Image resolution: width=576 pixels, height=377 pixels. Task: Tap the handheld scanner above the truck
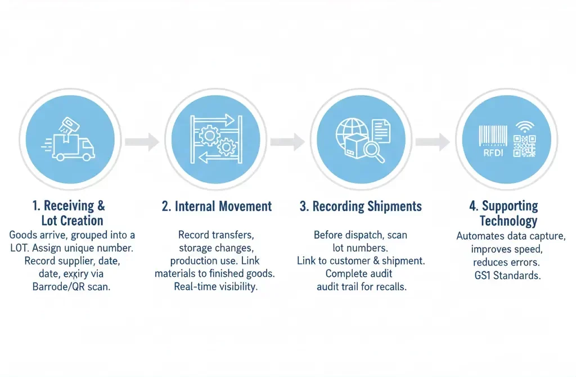(x=69, y=127)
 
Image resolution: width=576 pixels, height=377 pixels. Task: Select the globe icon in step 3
(x=350, y=133)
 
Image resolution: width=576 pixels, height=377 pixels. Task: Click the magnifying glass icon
(x=374, y=152)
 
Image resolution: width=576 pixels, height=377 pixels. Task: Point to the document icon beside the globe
(x=381, y=131)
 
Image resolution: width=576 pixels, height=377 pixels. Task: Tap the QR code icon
(x=524, y=146)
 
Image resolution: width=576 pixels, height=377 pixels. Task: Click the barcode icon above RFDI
(x=493, y=136)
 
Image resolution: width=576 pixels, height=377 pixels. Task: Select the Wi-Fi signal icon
(x=525, y=127)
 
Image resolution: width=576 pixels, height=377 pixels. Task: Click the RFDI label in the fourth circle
(x=493, y=153)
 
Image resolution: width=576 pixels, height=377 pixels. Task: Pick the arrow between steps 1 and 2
(x=142, y=141)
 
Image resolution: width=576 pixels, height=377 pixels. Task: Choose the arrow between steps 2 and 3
(x=287, y=141)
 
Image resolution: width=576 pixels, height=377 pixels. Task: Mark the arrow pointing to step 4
(x=433, y=141)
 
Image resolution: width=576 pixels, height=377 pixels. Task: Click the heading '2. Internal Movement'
(x=217, y=207)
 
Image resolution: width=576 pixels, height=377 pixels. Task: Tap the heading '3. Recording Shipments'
(x=361, y=207)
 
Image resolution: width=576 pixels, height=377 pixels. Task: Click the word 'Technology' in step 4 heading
(x=508, y=221)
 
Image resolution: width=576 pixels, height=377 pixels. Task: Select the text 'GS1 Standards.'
(x=508, y=275)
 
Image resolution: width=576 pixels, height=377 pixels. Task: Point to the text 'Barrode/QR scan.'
(x=71, y=286)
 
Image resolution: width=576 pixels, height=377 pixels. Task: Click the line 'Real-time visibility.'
(x=215, y=286)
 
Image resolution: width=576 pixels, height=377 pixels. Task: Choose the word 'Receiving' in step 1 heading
(x=69, y=206)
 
